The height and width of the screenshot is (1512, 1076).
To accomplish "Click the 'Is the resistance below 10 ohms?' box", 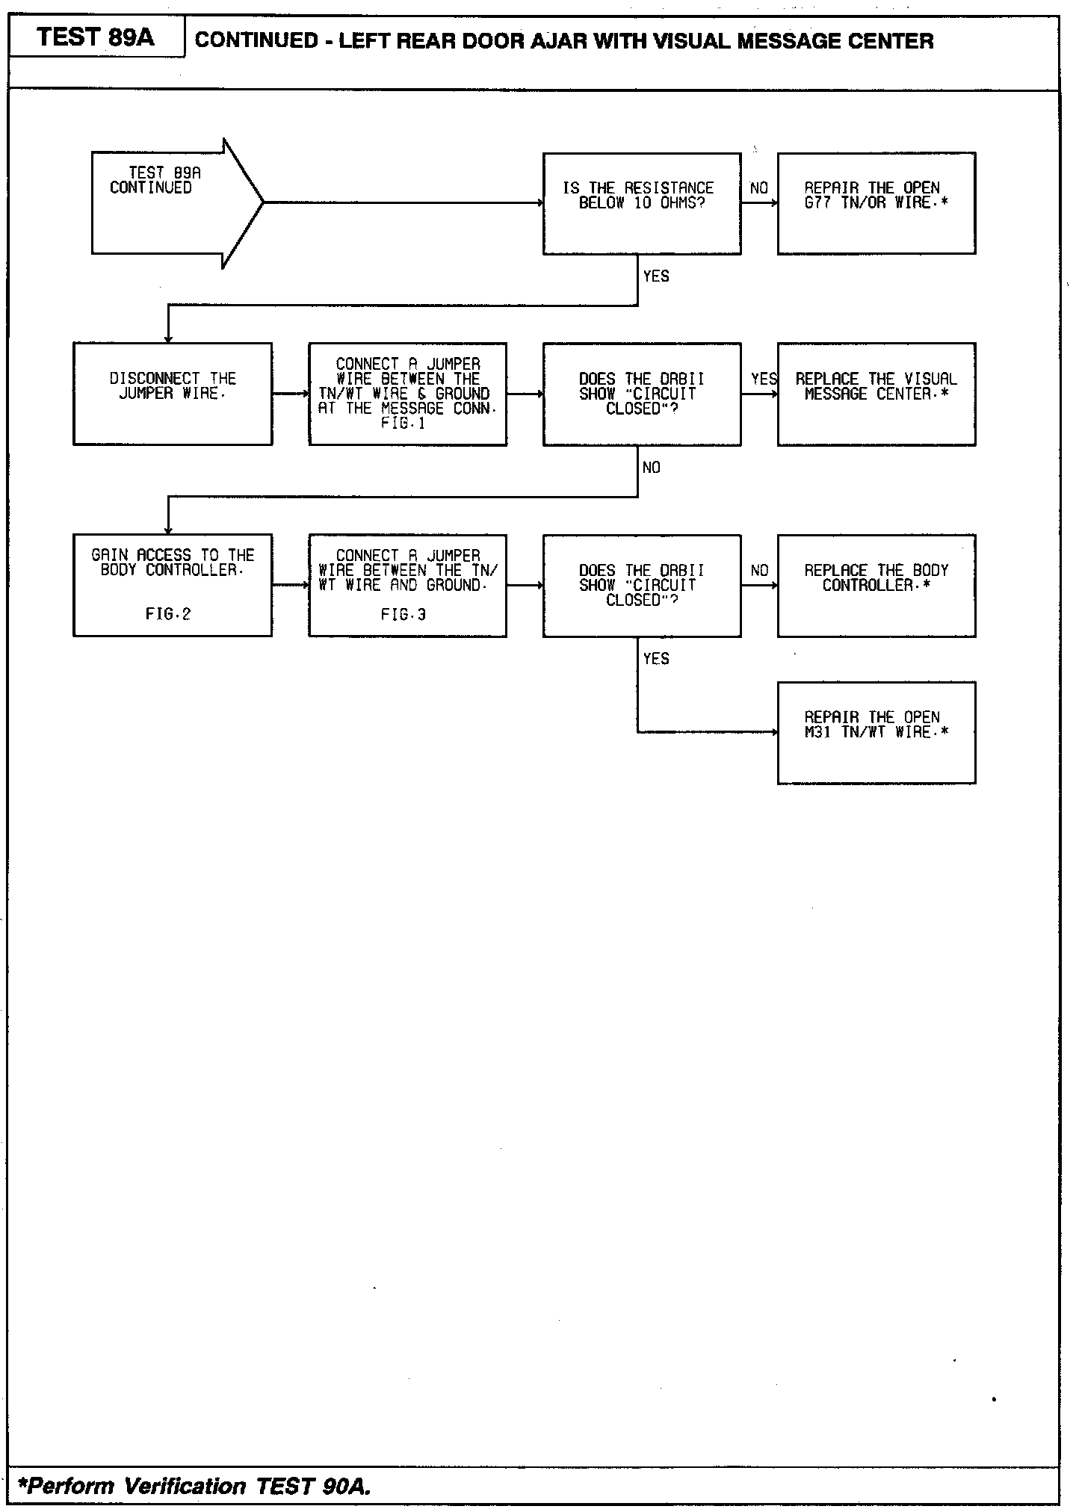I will [x=641, y=203].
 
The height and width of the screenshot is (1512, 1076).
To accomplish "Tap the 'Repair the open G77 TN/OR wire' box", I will [x=876, y=203].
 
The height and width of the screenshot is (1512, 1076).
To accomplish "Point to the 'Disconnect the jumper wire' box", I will [x=173, y=394].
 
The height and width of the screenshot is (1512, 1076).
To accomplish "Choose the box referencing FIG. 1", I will [x=407, y=394].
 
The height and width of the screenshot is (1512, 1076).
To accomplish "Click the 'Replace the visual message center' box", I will [x=876, y=394].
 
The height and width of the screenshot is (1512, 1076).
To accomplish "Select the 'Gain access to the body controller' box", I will [x=173, y=585].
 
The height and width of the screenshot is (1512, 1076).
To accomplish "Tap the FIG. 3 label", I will [x=403, y=615].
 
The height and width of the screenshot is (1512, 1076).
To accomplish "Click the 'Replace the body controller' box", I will [x=876, y=585].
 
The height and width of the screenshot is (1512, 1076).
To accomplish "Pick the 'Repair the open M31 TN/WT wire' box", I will [x=876, y=732].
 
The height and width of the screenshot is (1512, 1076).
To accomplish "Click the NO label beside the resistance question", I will [x=758, y=188].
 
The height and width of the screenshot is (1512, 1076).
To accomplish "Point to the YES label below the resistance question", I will [x=655, y=276].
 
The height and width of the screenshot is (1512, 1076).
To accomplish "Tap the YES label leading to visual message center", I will [x=763, y=379].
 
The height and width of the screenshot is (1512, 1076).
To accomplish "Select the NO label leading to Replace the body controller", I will [x=758, y=571].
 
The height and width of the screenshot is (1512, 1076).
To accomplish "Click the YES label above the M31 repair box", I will [x=655, y=659].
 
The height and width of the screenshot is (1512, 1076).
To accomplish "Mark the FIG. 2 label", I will [x=168, y=615].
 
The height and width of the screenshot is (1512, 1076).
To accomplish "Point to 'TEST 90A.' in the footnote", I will [x=313, y=1486].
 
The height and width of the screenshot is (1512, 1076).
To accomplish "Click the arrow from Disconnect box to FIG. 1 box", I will [x=291, y=394].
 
